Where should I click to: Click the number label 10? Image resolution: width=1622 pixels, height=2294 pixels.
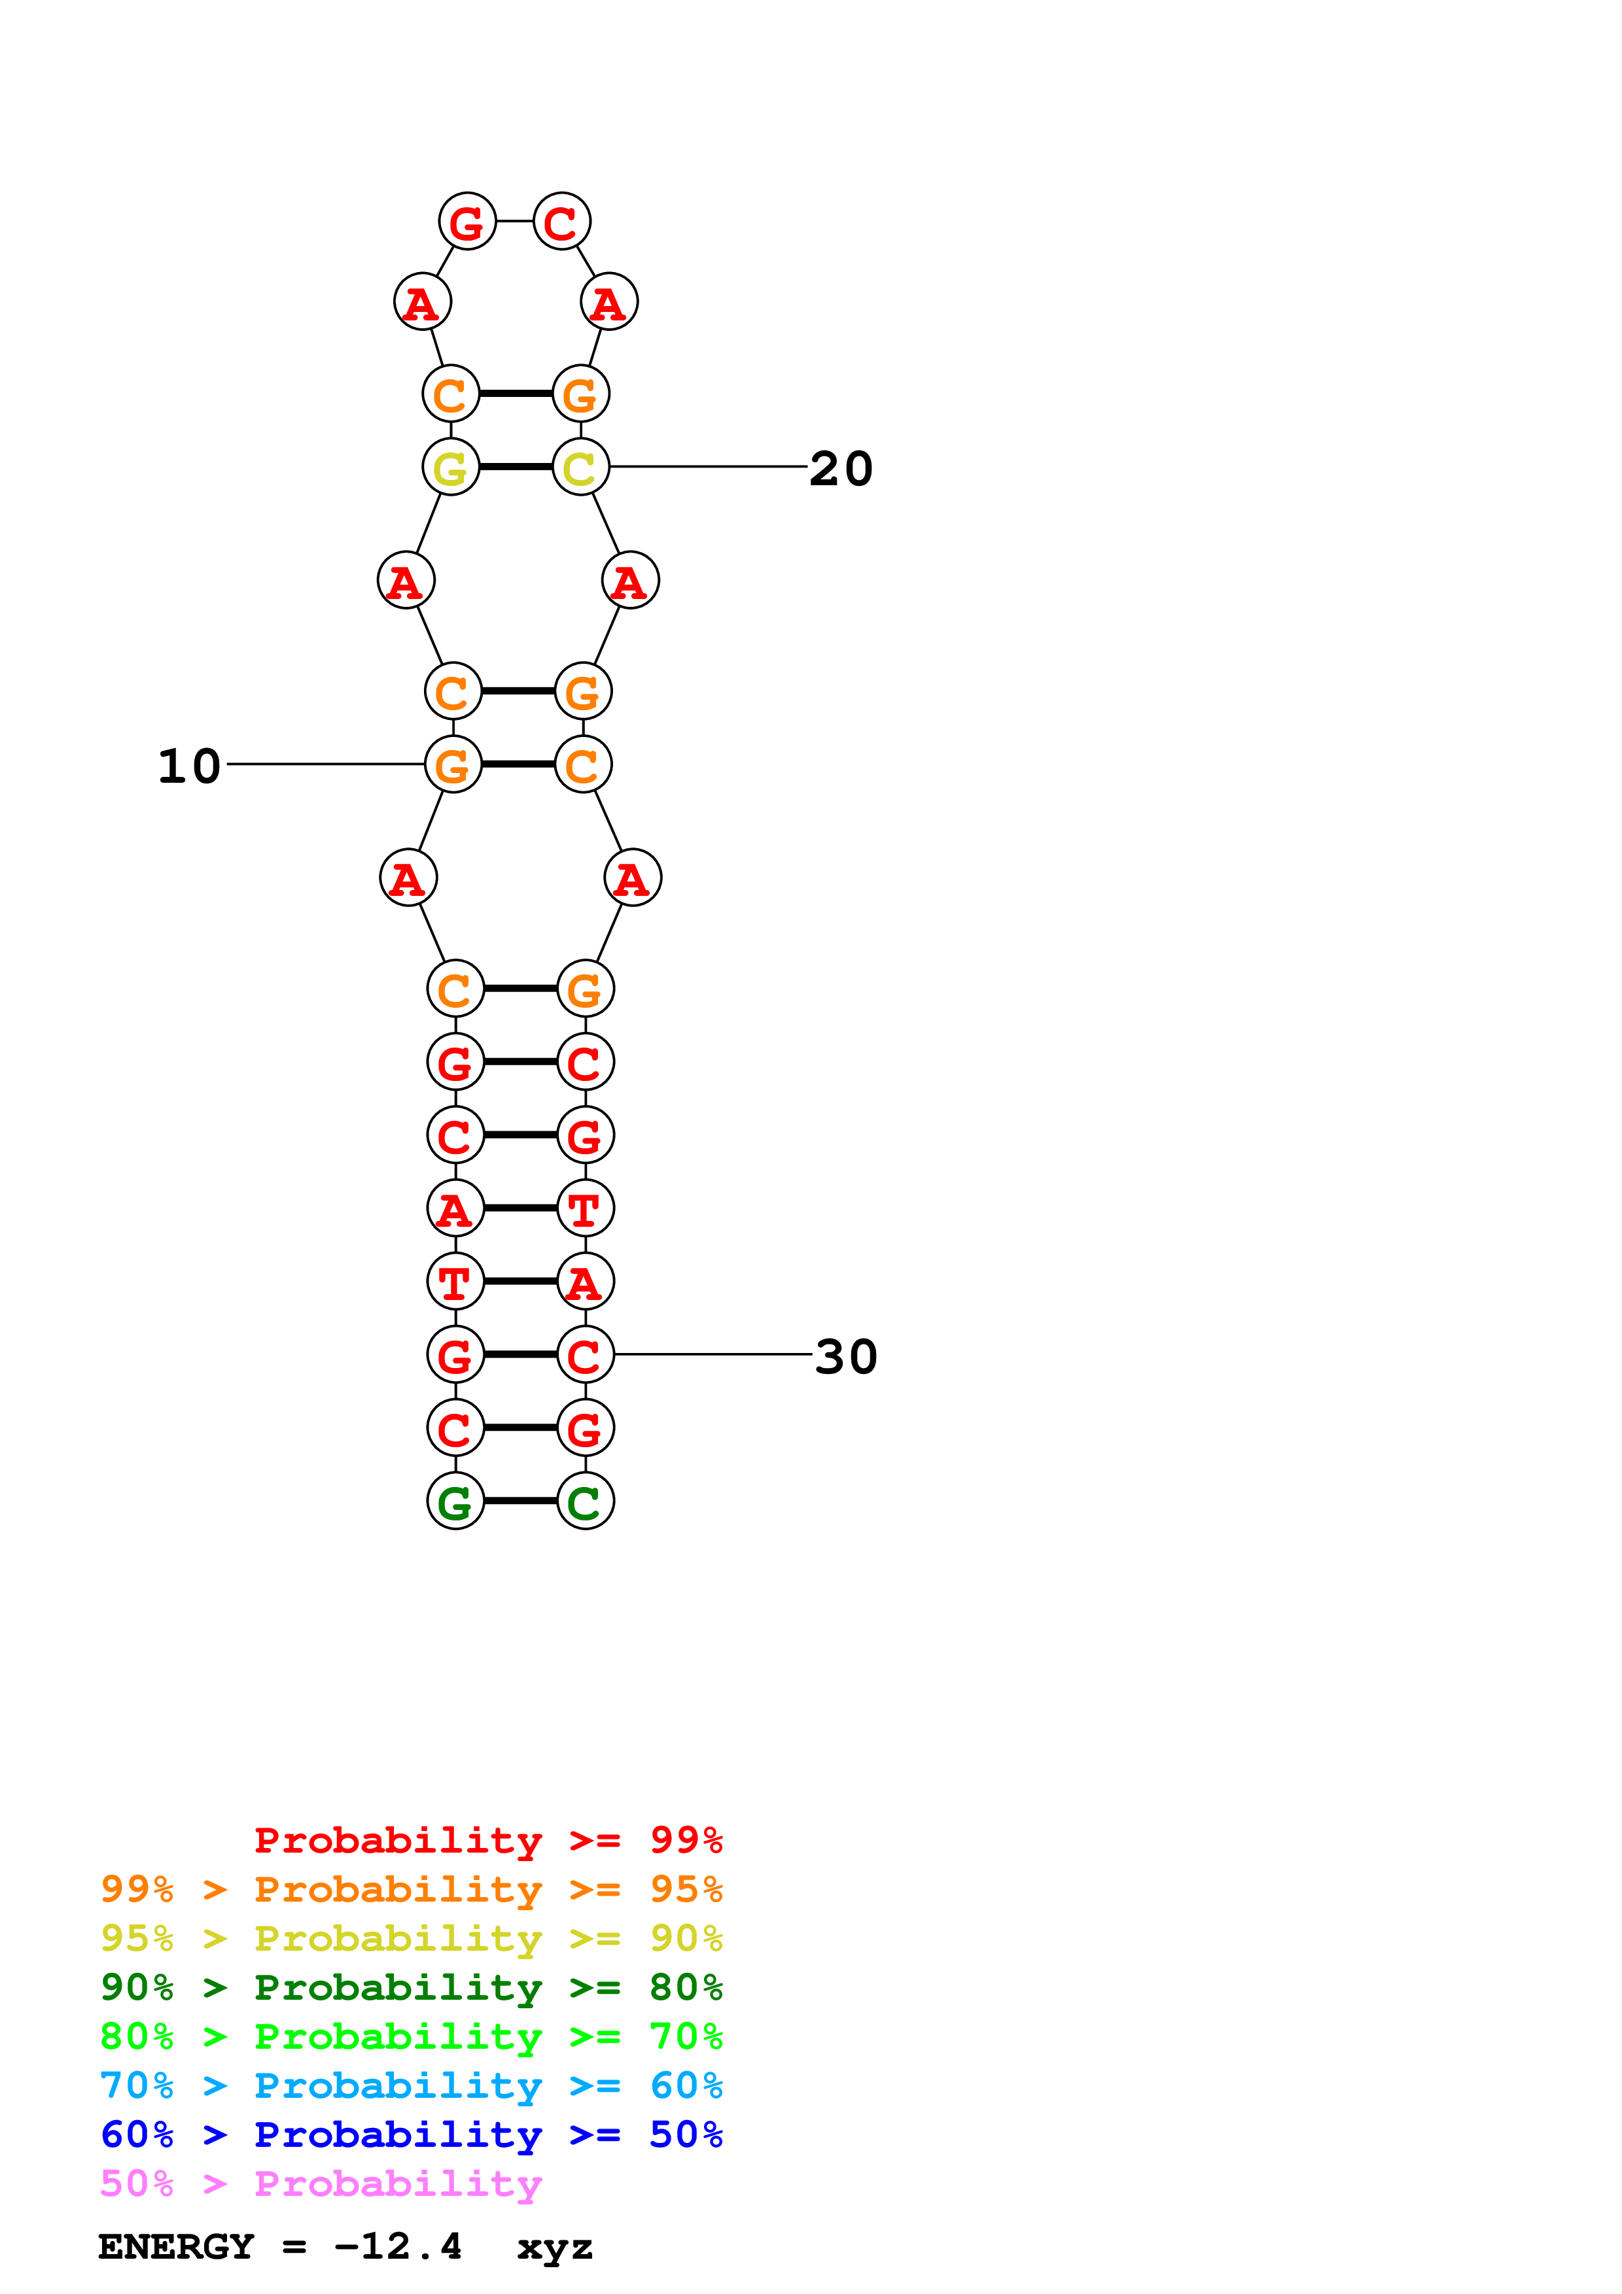click(x=189, y=766)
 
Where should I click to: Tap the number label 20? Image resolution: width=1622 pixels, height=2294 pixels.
click(x=841, y=469)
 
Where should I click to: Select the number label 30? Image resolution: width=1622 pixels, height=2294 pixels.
click(x=845, y=1357)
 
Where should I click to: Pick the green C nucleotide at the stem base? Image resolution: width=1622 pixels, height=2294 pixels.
click(x=585, y=1501)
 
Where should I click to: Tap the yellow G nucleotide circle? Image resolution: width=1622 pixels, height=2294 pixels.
click(x=451, y=468)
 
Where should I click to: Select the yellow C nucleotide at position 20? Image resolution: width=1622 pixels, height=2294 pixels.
click(x=580, y=468)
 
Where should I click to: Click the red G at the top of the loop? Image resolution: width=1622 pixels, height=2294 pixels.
click(x=467, y=222)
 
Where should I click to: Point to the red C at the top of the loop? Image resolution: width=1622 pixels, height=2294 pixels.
click(x=561, y=222)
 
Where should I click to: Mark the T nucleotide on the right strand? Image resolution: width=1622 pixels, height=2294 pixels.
click(x=585, y=1209)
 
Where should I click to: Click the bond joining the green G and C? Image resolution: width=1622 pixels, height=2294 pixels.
click(x=520, y=1501)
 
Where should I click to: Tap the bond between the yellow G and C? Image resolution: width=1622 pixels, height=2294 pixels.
click(x=516, y=467)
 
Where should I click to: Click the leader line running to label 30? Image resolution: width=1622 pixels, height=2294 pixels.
click(x=713, y=1355)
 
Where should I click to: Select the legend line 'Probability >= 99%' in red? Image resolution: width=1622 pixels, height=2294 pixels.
click(x=487, y=1840)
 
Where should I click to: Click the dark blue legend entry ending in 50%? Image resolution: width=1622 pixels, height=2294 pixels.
click(x=411, y=2134)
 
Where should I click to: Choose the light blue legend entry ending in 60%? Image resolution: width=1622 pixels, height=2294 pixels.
click(x=411, y=2085)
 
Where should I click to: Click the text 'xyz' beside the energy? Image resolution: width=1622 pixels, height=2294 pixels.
click(x=555, y=2248)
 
